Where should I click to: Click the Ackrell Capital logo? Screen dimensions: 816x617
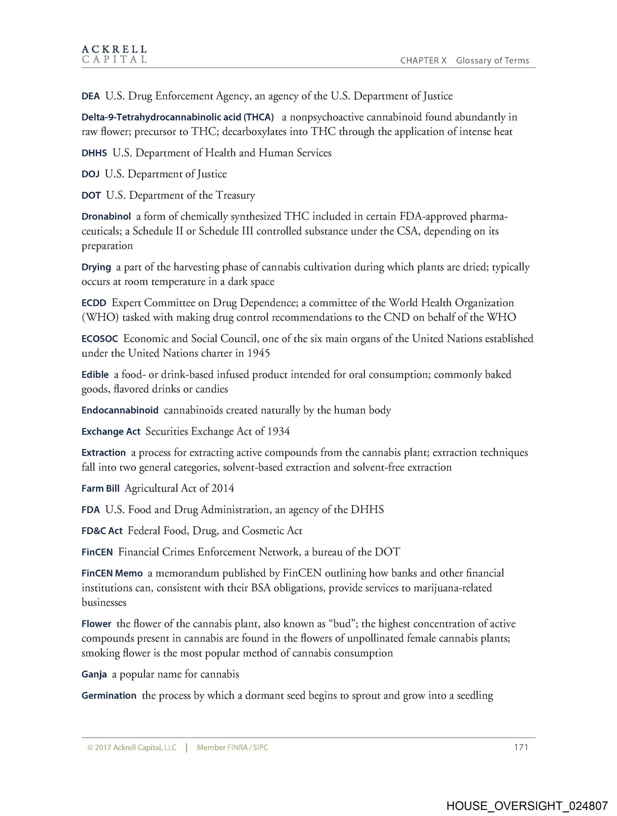pos(114,54)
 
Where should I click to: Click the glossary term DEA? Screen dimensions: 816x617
pos(90,96)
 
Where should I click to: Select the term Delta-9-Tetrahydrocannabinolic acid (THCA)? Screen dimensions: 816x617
pos(177,117)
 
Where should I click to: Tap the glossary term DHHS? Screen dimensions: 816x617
pos(94,153)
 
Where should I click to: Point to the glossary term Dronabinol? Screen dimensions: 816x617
pos(106,217)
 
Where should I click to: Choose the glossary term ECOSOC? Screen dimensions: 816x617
pos(100,339)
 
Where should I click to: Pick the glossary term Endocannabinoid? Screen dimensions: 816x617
pos(120,411)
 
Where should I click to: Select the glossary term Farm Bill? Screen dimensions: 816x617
pos(100,489)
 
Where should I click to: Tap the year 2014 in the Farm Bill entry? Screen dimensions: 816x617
pos(223,489)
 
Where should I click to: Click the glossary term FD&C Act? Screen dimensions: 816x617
pos(102,531)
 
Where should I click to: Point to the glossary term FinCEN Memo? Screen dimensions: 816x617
pos(112,574)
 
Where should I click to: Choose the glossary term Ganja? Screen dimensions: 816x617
pos(94,675)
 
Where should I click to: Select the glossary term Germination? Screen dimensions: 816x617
pos(109,696)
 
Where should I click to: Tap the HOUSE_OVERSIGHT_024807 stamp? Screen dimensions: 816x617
pos(527,806)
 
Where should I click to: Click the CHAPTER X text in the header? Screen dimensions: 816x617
pos(423,61)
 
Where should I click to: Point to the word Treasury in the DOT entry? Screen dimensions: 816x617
pos(235,195)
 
